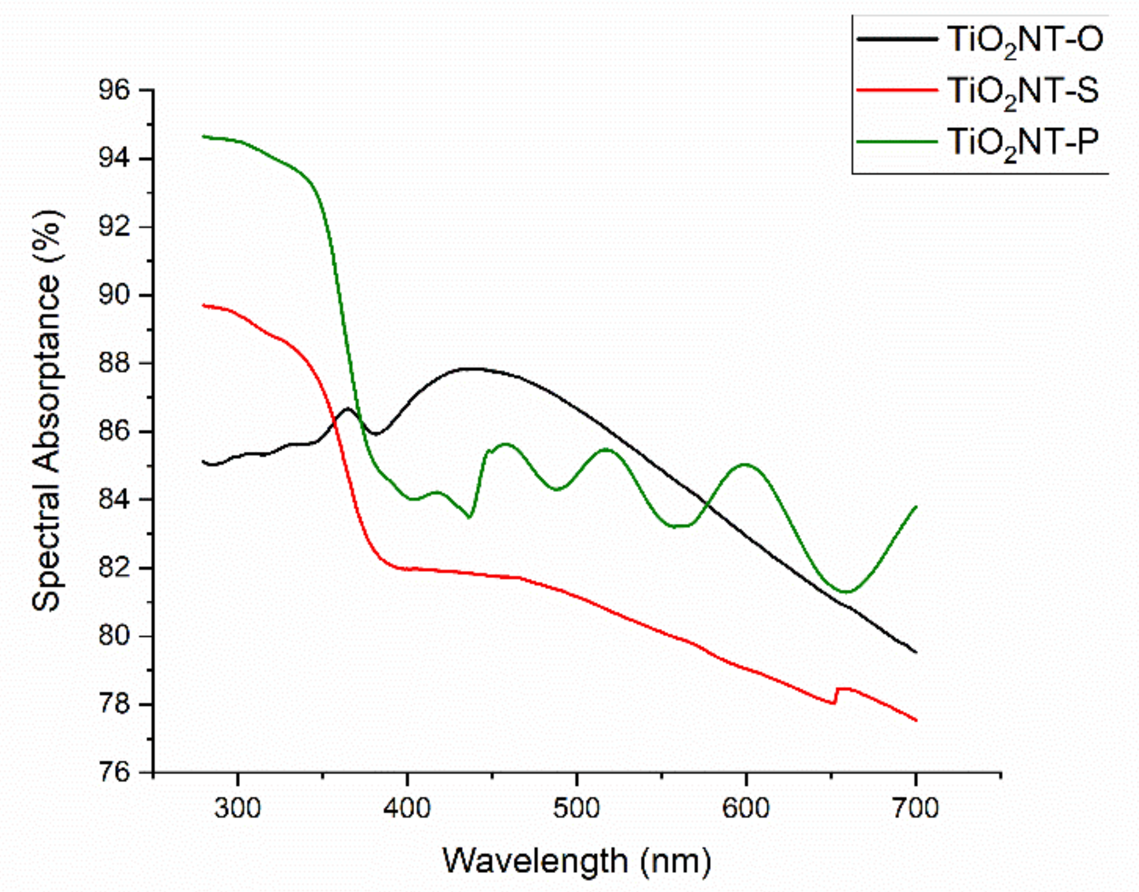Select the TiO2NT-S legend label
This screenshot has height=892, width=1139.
pyautogui.click(x=1022, y=91)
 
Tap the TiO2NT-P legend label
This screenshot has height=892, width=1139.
pyautogui.click(x=1022, y=142)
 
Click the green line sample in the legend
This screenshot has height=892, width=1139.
pyautogui.click(x=897, y=141)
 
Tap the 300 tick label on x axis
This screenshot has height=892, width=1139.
pyautogui.click(x=238, y=808)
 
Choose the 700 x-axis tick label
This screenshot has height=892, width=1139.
pyautogui.click(x=915, y=808)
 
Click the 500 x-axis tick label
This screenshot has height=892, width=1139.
pyautogui.click(x=576, y=808)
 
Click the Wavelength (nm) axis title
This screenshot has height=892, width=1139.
pyautogui.click(x=576, y=861)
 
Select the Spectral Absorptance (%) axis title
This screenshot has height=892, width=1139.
pyautogui.click(x=47, y=411)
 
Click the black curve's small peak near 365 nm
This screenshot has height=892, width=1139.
pyautogui.click(x=347, y=409)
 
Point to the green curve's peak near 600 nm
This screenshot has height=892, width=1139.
pyautogui.click(x=746, y=464)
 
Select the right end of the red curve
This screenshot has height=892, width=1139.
pyautogui.click(x=915, y=720)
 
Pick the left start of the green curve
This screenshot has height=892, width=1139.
pyautogui.click(x=204, y=136)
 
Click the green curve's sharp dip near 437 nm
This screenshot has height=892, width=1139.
pyautogui.click(x=469, y=517)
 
